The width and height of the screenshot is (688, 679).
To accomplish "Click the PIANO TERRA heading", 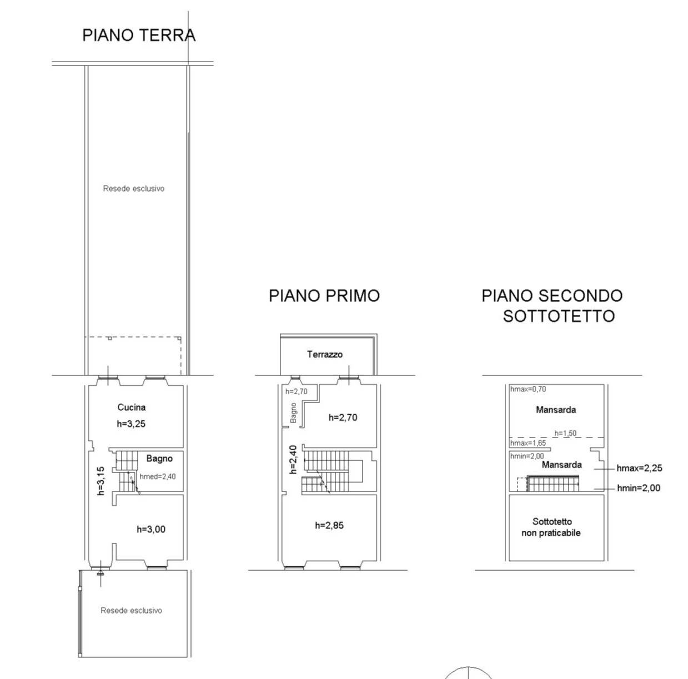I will [139, 35].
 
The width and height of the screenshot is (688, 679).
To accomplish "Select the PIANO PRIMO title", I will [324, 295].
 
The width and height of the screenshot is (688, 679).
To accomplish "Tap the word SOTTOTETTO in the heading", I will [559, 316].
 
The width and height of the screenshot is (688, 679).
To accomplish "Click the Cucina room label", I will [132, 407].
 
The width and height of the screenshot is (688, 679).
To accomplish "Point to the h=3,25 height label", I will [131, 424].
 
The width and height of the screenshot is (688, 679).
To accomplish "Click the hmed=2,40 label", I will [158, 476].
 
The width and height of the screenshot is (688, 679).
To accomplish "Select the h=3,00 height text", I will [151, 529].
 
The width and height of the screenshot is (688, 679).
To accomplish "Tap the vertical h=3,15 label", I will [101, 481].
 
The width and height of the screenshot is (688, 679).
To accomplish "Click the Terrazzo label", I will [325, 354].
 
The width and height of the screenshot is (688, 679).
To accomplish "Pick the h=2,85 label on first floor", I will [329, 525].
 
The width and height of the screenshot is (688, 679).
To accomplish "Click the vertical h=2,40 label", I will [293, 459].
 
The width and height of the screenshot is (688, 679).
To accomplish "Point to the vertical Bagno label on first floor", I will [293, 413].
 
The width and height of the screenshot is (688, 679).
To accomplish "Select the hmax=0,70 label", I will [528, 389].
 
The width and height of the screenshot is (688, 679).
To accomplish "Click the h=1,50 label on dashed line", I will [565, 433].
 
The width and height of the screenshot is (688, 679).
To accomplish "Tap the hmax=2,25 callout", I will [639, 468].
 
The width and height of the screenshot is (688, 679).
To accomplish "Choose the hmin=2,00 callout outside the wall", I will [639, 488].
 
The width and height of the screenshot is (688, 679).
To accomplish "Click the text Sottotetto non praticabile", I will [551, 527].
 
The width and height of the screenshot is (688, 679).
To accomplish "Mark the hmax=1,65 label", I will [528, 443].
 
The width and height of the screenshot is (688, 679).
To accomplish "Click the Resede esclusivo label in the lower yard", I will [131, 610].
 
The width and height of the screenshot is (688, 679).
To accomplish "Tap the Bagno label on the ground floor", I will [159, 459].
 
